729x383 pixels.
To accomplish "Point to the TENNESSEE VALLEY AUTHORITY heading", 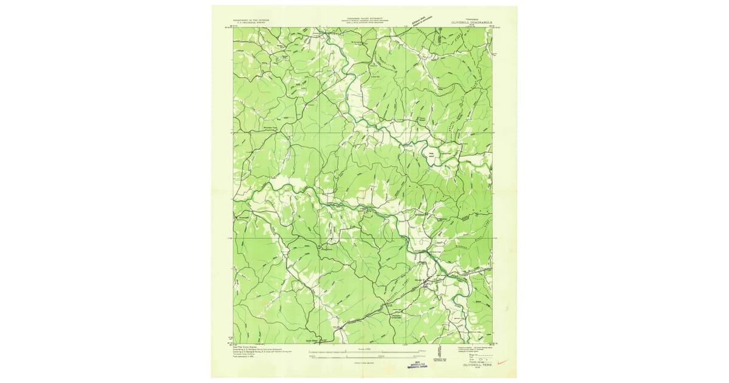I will [x=363, y=19].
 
